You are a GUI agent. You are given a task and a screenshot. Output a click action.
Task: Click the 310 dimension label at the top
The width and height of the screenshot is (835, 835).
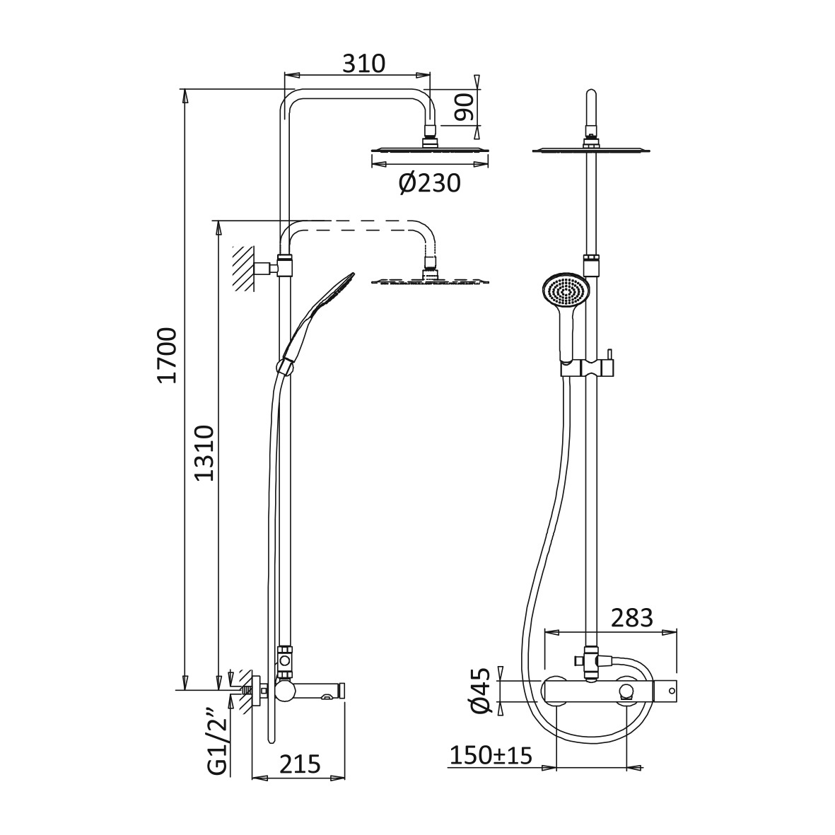point(363,64)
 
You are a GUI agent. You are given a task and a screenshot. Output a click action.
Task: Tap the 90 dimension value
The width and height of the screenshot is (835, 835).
point(464,107)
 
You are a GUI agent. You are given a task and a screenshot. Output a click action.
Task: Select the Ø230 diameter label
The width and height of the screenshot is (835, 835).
point(429,184)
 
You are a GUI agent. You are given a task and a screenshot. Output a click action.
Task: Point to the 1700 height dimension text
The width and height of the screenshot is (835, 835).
point(168,355)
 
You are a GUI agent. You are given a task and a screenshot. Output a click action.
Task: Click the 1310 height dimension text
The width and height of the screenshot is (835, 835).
point(204,452)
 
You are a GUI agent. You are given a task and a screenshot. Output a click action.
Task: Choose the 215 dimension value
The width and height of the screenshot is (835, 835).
point(300,764)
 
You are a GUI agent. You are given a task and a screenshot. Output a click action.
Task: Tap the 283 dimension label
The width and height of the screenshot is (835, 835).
point(631,618)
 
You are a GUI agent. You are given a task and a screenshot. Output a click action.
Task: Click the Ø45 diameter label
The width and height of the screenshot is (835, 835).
point(480,691)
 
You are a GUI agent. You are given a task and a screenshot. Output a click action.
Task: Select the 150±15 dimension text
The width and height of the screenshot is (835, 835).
point(491,755)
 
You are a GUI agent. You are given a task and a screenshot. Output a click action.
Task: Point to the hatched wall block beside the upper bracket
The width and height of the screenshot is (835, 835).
point(243,269)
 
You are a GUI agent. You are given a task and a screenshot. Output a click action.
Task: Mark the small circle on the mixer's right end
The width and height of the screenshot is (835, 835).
point(672,691)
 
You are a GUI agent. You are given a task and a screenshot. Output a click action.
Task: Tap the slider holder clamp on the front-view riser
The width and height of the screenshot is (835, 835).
point(587,368)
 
